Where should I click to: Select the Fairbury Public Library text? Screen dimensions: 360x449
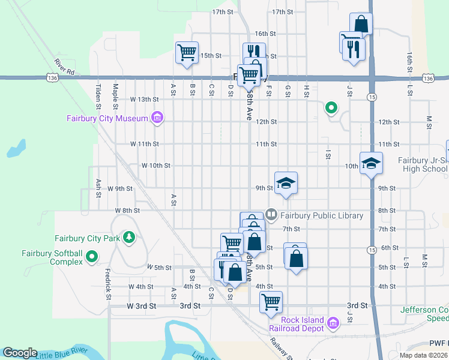point(321,215)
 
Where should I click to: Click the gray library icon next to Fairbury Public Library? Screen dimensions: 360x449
point(271,214)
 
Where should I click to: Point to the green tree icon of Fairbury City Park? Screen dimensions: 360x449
point(128,238)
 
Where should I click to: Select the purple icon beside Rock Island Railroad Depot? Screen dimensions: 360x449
point(334,325)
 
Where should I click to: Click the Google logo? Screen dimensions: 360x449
point(20,353)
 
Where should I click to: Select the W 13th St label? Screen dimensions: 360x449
point(144,99)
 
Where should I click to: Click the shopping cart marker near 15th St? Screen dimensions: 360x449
point(187,52)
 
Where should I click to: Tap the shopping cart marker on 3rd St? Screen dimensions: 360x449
point(271,301)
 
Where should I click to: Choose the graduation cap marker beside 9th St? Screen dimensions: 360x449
point(286,183)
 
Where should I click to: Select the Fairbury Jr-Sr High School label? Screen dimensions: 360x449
point(423,164)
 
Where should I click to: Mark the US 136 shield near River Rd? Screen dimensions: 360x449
point(52,78)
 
